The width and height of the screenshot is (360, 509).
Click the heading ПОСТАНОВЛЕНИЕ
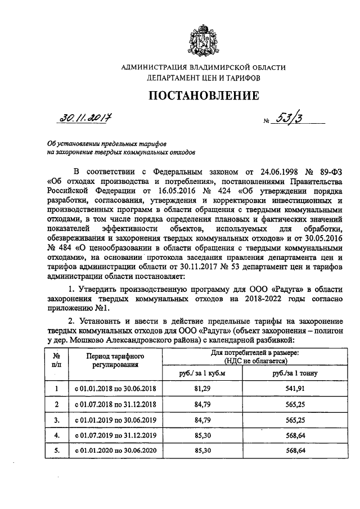204,96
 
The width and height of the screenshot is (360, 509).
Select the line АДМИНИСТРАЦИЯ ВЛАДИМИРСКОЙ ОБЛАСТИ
204,67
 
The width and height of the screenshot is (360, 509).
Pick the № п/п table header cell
56,361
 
